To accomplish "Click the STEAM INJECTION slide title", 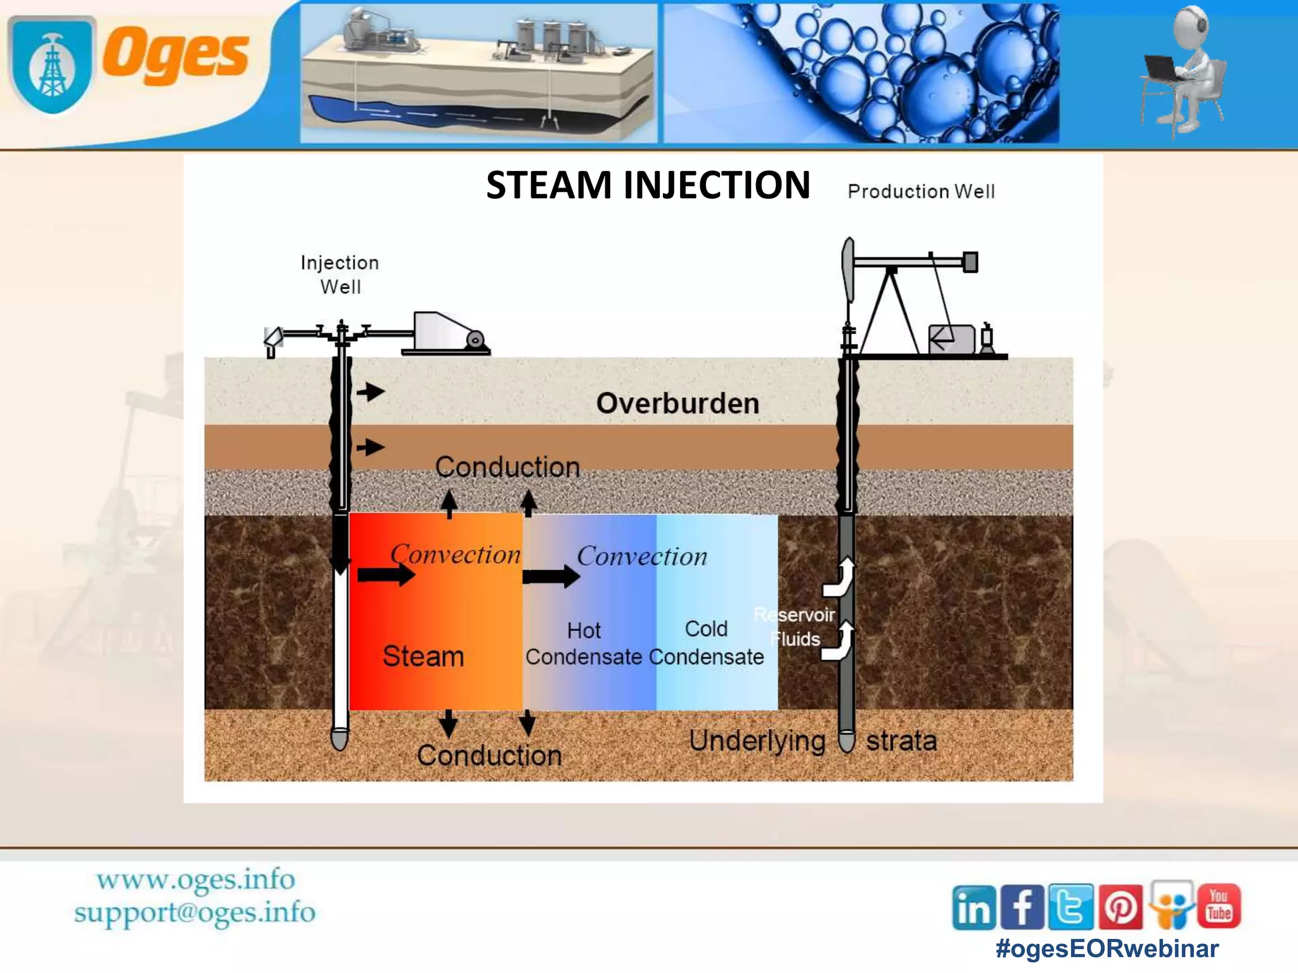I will [x=648, y=185].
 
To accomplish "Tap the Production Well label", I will [x=921, y=191].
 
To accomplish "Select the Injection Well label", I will [x=340, y=274].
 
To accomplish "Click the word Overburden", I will [x=678, y=404].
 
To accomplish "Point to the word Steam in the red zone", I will [x=423, y=656].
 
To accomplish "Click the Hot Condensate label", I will [x=584, y=644].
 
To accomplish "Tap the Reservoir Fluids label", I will [x=795, y=626].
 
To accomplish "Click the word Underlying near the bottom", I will [x=757, y=741].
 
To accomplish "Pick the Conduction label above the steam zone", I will [x=508, y=467].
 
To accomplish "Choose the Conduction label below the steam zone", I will [x=489, y=756].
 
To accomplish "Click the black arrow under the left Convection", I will [x=386, y=575].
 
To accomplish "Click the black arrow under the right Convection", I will [x=551, y=576].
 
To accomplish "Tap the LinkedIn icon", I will [x=973, y=907].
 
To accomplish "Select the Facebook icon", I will [x=1022, y=907].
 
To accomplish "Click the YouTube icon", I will [x=1219, y=906].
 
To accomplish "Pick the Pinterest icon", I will [x=1121, y=907].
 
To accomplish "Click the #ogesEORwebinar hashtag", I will [x=1107, y=948].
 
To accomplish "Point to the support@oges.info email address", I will [x=195, y=913].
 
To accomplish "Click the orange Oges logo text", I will [x=176, y=54].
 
